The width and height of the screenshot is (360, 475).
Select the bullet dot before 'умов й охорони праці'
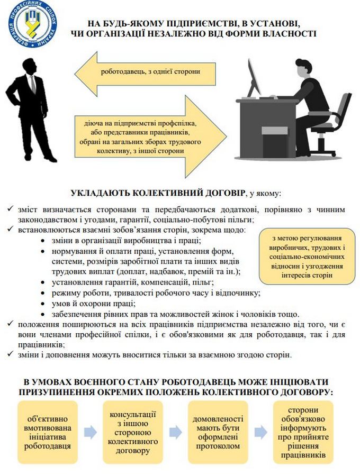tap(42, 304)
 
